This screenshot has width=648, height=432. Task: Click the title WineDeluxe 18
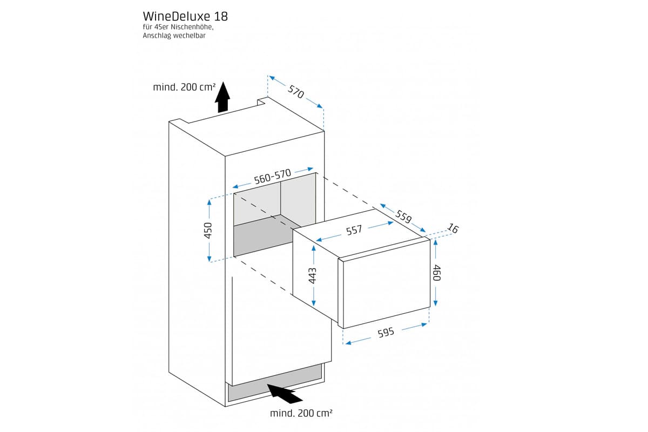point(178,16)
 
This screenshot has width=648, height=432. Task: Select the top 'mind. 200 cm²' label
point(184,87)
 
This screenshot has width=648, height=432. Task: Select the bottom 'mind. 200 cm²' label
point(301,413)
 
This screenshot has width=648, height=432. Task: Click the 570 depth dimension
point(296,92)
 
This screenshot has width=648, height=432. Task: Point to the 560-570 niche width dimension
point(273,177)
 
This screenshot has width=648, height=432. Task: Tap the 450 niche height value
point(208,230)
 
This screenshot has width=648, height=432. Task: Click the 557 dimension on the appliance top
point(354,231)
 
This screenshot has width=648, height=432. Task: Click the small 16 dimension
point(453,229)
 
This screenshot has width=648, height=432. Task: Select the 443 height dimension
point(313,276)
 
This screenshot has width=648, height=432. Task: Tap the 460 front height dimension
point(437,272)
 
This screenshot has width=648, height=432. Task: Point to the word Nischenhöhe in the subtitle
point(191,27)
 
